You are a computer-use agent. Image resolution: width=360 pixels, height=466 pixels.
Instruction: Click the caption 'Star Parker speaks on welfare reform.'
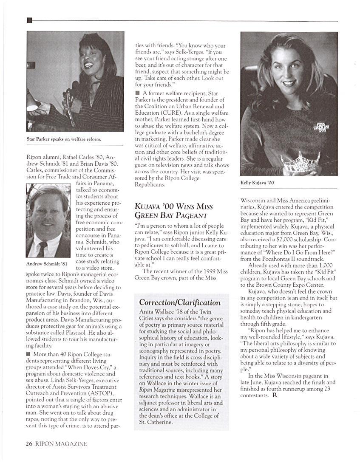64,139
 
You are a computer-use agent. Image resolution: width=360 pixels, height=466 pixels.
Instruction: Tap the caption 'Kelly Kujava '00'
257,183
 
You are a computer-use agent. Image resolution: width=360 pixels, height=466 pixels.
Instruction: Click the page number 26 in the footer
29,444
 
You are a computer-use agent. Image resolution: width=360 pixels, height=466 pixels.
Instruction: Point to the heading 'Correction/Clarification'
180,302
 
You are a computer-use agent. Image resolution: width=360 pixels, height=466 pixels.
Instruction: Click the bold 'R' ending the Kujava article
275,395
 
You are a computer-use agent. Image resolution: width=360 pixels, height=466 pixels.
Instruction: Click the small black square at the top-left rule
29,20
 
